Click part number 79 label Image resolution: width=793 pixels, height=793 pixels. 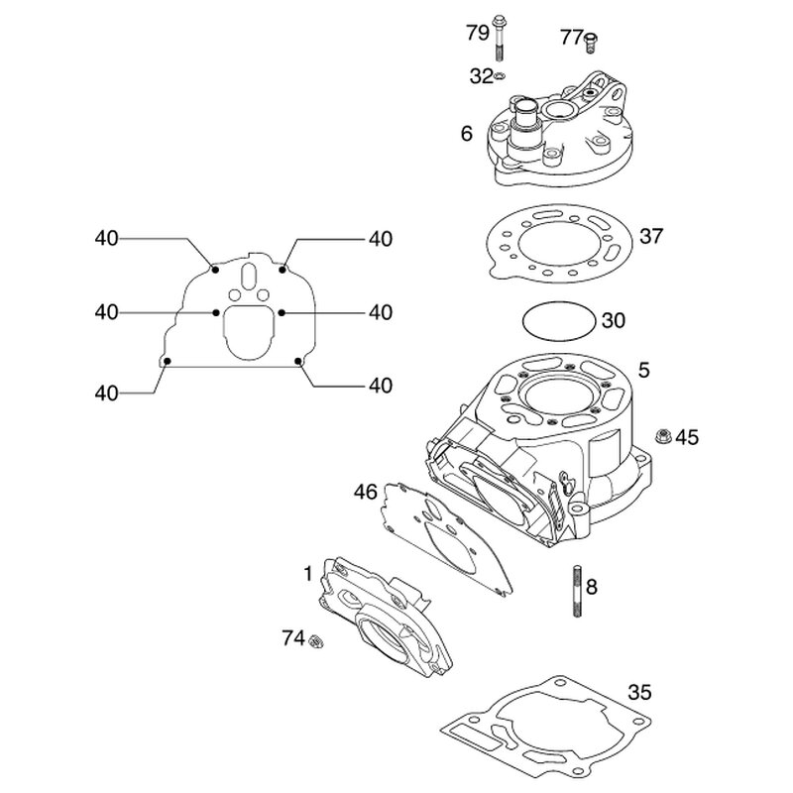point(477,33)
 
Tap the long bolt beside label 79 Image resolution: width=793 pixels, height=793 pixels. point(499,40)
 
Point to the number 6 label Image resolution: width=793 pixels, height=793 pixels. point(466,133)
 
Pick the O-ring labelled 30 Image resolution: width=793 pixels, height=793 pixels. point(559,321)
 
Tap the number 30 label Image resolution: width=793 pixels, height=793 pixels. point(614,320)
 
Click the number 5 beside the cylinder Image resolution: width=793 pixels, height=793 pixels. point(644,371)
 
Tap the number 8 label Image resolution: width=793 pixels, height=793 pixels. point(592,586)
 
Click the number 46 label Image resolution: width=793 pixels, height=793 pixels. point(366,491)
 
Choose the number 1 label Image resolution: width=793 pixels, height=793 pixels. point(308,572)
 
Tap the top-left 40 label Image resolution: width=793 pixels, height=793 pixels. point(107,238)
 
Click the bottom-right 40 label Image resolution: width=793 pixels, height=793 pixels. point(381,384)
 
